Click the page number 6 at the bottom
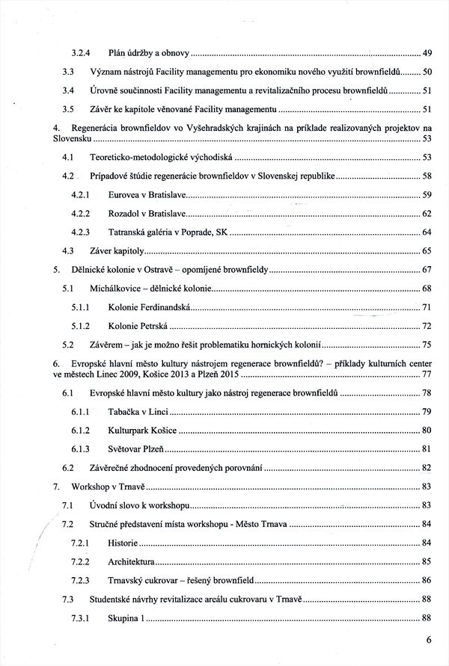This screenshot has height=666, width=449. pos(429,640)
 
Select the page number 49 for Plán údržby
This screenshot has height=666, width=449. pos(427,53)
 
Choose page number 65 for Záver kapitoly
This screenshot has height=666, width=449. pos(427,250)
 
